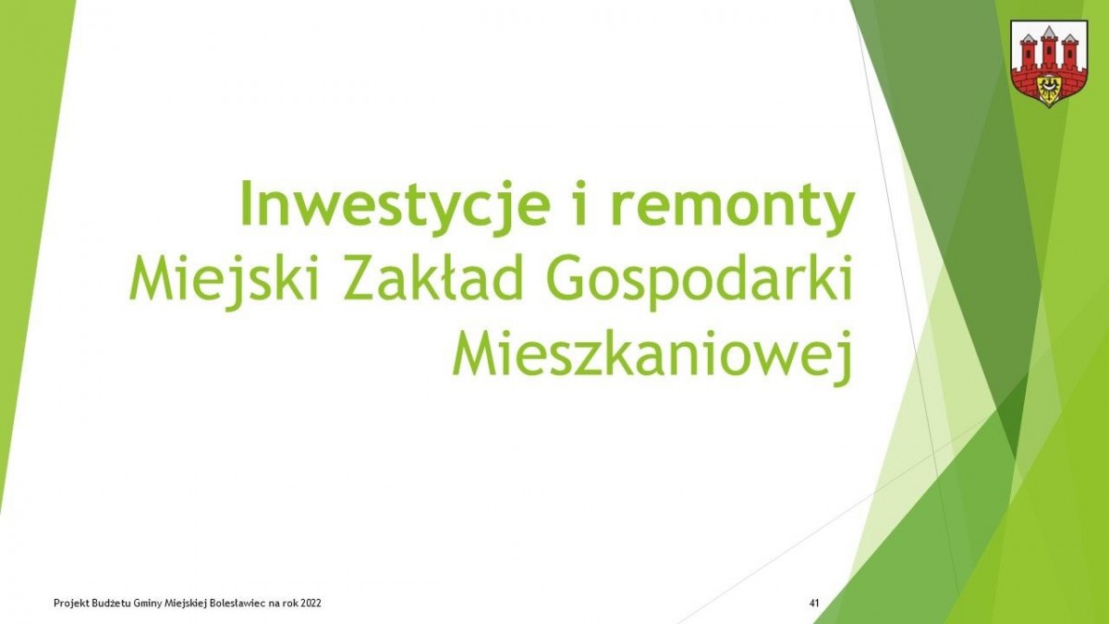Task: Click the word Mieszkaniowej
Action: pyautogui.click(x=651, y=353)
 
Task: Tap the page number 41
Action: pyautogui.click(x=814, y=603)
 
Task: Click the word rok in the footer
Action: pyautogui.click(x=289, y=603)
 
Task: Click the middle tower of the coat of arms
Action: pyautogui.click(x=1049, y=46)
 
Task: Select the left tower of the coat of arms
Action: pyautogui.click(x=1028, y=51)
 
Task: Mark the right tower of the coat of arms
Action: pyautogui.click(x=1070, y=51)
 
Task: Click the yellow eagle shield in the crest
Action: pyautogui.click(x=1049, y=88)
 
